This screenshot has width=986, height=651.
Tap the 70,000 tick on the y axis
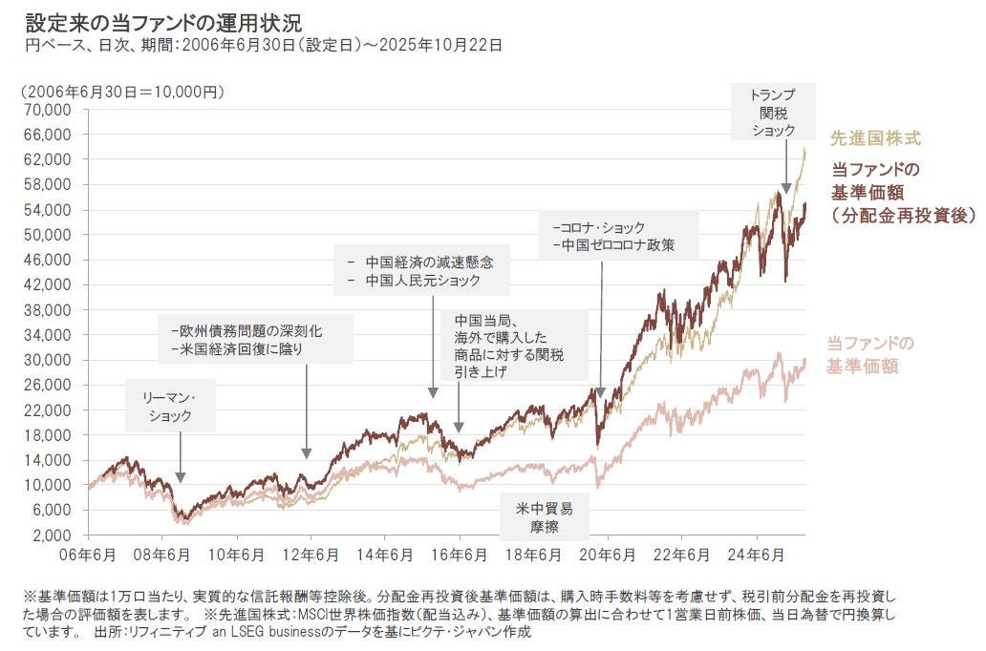click(x=48, y=110)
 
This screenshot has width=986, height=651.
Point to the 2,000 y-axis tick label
click(x=52, y=535)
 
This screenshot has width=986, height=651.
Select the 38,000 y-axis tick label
click(x=48, y=310)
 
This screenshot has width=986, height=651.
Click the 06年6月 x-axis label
click(x=88, y=556)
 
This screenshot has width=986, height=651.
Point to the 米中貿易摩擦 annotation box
click(x=545, y=515)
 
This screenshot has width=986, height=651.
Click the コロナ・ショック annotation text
click(x=599, y=227)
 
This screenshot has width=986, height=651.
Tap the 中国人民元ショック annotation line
click(x=414, y=281)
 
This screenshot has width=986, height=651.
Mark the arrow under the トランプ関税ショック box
click(x=785, y=170)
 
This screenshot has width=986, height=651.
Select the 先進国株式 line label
click(x=875, y=138)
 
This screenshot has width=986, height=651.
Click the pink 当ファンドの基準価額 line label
click(x=870, y=354)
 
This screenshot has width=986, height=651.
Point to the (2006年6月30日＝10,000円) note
click(x=121, y=92)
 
